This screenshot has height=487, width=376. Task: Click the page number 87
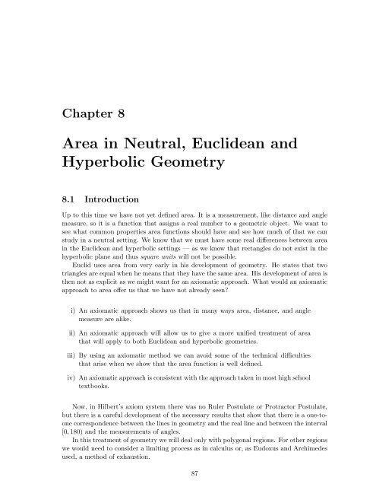[188, 473]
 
